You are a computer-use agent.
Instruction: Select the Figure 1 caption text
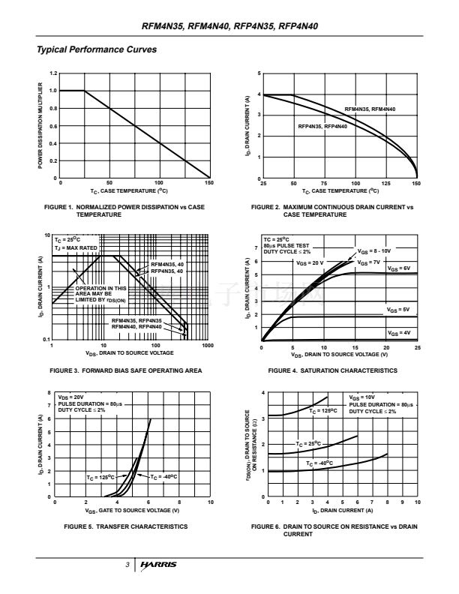[x=124, y=211]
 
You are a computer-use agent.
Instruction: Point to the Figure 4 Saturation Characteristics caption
[x=332, y=370]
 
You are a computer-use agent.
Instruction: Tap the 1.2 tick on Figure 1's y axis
[x=52, y=73]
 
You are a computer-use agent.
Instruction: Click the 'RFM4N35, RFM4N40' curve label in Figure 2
[x=370, y=110]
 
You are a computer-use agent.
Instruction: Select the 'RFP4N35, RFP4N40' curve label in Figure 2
[x=322, y=126]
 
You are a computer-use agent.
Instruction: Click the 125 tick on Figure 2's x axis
[x=385, y=183]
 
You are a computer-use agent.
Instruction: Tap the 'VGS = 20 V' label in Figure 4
[x=310, y=263]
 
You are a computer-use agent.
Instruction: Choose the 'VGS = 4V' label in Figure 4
[x=398, y=332]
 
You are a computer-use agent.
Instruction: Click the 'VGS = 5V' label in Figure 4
[x=398, y=309]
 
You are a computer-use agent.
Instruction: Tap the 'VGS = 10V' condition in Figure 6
[x=363, y=397]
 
